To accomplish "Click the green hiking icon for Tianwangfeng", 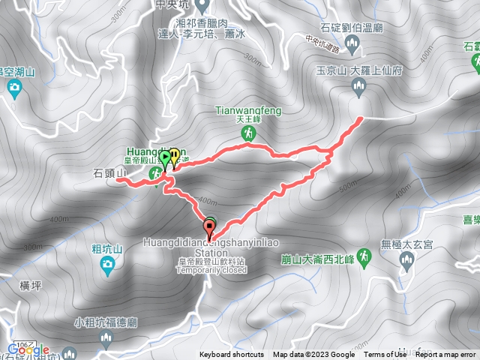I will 248,133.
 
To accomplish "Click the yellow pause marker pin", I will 175,156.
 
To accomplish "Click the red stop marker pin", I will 209,226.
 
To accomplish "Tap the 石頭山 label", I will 108,173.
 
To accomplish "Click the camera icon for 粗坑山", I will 107,263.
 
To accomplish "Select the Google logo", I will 29,350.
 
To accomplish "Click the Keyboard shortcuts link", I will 232,355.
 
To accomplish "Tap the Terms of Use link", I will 384,355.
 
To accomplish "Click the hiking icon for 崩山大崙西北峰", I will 364,256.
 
